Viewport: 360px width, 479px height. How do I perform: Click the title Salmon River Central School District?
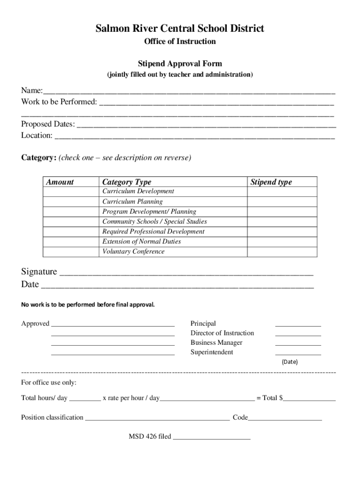click(180, 29)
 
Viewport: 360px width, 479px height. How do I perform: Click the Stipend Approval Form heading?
click(180, 64)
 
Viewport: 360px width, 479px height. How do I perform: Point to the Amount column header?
click(60, 182)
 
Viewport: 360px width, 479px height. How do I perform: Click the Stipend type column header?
click(271, 182)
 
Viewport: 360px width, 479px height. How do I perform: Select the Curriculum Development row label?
click(138, 191)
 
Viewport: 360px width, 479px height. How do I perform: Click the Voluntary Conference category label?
click(133, 252)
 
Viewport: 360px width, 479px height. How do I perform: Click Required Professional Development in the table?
click(153, 232)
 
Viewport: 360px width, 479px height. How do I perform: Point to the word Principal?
click(203, 324)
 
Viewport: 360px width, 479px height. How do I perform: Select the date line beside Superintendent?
click(298, 354)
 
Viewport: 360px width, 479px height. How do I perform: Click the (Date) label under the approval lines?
click(289, 362)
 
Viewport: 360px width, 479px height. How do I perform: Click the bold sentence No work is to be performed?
click(88, 305)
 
